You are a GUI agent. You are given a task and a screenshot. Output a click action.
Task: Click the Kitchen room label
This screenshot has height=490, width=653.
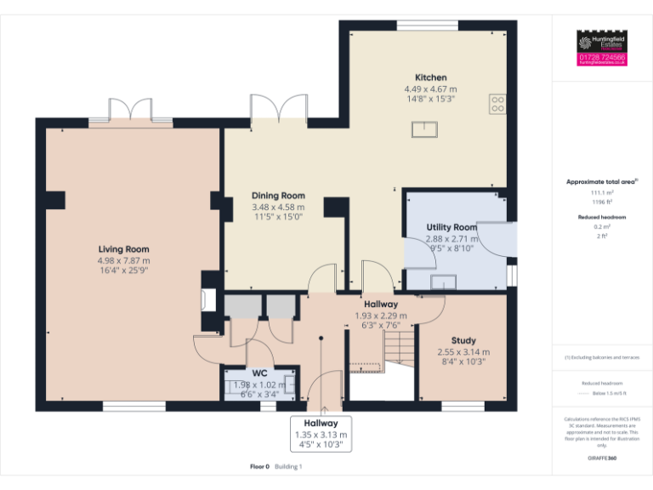click(430, 77)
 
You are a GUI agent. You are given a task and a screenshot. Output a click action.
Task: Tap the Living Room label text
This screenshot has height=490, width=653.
click(123, 249)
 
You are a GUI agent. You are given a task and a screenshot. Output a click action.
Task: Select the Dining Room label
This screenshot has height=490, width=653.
click(278, 196)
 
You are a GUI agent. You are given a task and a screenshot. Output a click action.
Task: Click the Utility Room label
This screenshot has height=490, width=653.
click(451, 227)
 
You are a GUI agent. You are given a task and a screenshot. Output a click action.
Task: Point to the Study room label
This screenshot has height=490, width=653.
click(463, 340)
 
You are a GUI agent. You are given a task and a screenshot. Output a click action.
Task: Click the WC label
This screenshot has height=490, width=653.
click(259, 373)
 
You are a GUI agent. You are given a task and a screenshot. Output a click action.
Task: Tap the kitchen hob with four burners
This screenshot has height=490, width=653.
click(497, 105)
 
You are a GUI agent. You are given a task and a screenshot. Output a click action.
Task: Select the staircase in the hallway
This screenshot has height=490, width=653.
click(395, 349)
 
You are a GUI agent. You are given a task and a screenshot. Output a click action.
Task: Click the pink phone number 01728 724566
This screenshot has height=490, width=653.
click(602, 58)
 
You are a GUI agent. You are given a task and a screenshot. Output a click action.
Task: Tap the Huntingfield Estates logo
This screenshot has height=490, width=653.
click(602, 42)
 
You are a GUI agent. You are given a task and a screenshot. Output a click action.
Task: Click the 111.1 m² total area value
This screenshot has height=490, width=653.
click(602, 193)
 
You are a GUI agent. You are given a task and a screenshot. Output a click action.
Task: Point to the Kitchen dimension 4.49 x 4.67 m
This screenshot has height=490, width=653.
click(430, 88)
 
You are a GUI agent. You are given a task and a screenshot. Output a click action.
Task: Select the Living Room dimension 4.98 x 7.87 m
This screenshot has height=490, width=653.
click(123, 260)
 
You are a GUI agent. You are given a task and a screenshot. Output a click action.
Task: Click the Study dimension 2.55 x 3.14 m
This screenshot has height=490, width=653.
click(463, 351)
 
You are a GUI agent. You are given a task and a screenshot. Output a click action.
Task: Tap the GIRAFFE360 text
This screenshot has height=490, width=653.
click(602, 459)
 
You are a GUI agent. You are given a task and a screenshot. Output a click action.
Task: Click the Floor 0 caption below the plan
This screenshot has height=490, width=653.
click(259, 466)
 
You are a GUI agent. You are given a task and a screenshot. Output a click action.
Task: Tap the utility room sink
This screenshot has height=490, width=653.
click(442, 282)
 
